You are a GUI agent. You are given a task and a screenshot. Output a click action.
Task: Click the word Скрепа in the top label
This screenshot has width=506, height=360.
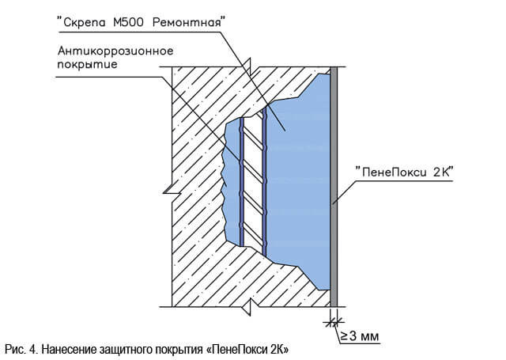click(x=85, y=23)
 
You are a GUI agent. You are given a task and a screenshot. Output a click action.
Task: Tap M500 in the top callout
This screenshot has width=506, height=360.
click(x=128, y=22)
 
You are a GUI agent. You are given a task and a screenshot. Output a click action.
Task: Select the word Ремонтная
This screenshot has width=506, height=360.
click(x=187, y=23)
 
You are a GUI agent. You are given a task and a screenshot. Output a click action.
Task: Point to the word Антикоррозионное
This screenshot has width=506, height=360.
click(x=115, y=51)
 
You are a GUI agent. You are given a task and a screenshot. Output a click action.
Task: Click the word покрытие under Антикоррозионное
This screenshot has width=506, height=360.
click(x=87, y=65)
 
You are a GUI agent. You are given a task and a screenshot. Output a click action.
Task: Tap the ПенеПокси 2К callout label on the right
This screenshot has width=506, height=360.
click(x=405, y=172)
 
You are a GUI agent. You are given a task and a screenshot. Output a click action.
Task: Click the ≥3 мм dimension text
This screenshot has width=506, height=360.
click(x=360, y=336)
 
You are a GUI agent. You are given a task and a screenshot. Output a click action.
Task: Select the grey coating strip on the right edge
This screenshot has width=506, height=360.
click(x=334, y=187)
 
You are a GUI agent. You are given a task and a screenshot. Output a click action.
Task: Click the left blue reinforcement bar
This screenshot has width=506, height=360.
click(x=241, y=182)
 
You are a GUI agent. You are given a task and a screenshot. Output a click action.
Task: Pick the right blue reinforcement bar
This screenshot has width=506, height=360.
click(x=265, y=181)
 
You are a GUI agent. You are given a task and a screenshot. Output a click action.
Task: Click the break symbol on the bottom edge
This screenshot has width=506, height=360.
click(x=249, y=307)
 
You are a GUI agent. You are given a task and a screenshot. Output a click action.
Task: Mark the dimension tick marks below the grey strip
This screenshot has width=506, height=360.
click(x=334, y=321)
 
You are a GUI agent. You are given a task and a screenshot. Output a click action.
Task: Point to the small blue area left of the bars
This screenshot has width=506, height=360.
click(x=232, y=181)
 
